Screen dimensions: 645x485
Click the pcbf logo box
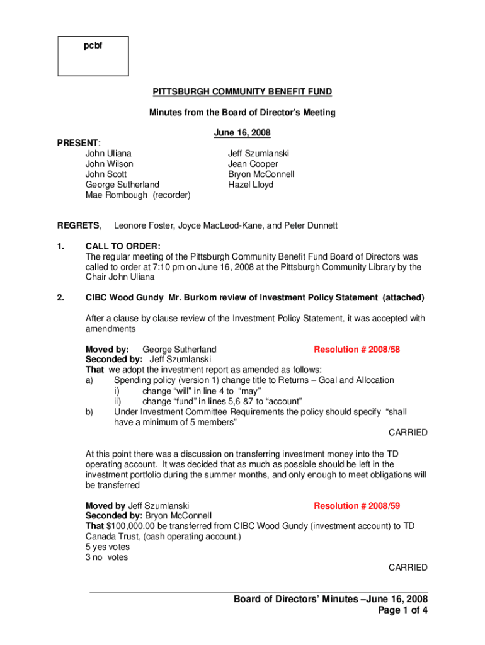pyautogui.click(x=93, y=55)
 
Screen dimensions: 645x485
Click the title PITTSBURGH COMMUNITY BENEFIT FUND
pyautogui.click(x=242, y=92)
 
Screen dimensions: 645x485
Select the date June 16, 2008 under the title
pyautogui.click(x=243, y=133)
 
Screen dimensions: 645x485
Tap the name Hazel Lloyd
pyautogui.click(x=251, y=185)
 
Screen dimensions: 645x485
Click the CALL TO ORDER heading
pyautogui.click(x=123, y=246)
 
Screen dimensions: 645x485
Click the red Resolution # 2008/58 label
pyautogui.click(x=357, y=349)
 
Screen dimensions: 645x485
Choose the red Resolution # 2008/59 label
pyautogui.click(x=357, y=505)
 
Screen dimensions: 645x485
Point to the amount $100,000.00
pyautogui.click(x=134, y=526)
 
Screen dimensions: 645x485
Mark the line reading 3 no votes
pyautogui.click(x=106, y=557)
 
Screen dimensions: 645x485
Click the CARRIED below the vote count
pyautogui.click(x=408, y=568)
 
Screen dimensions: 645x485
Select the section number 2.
pyautogui.click(x=60, y=298)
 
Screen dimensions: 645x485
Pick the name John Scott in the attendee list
pyautogui.click(x=106, y=174)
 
